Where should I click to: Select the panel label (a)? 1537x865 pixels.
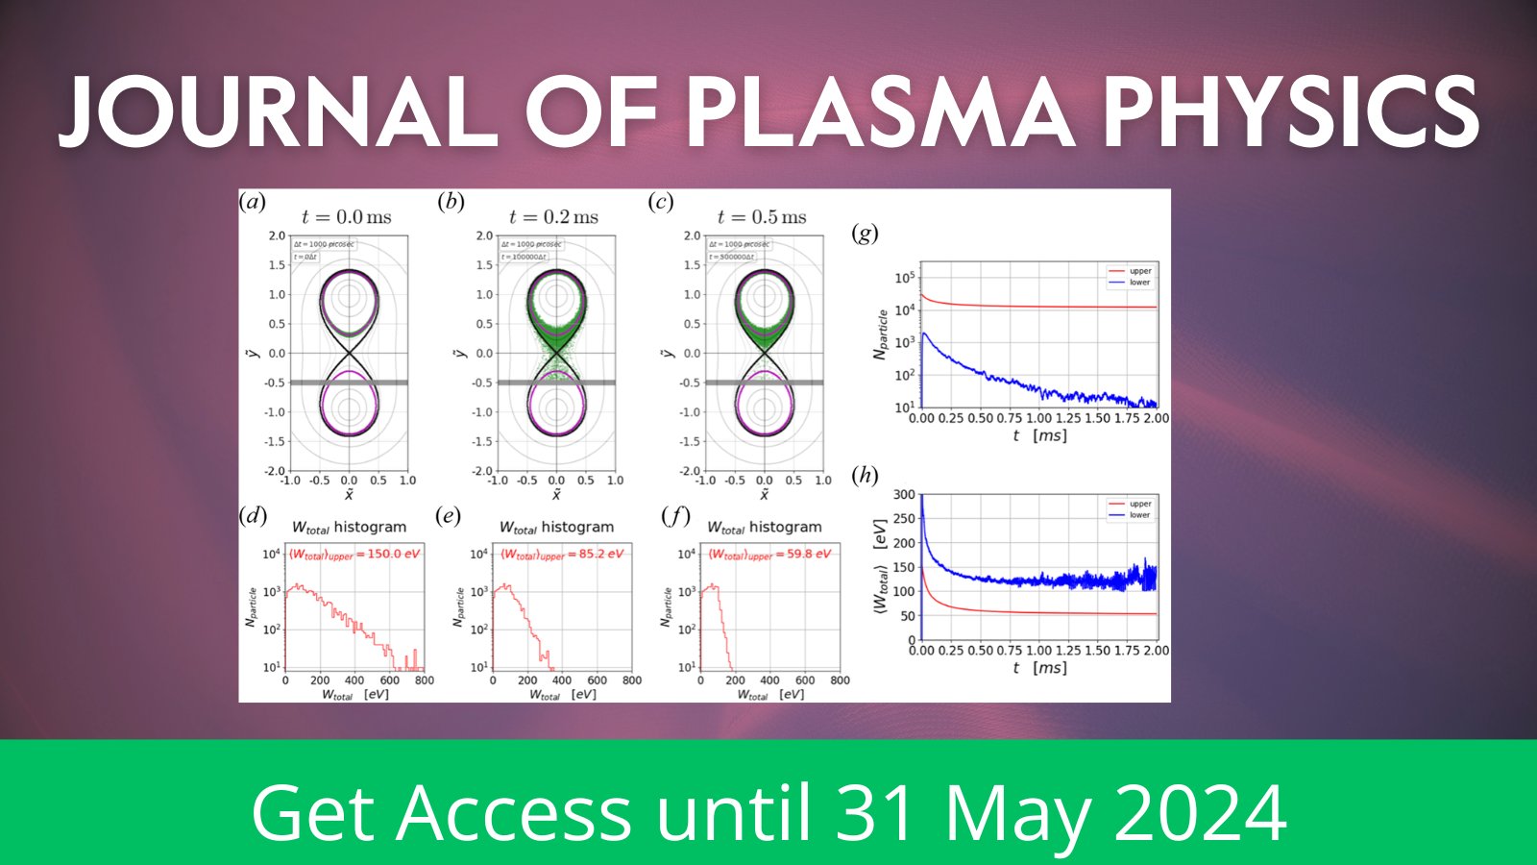pyautogui.click(x=253, y=202)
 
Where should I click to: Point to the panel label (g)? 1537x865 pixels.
pyautogui.click(x=866, y=234)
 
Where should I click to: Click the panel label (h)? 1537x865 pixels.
pyautogui.click(x=866, y=475)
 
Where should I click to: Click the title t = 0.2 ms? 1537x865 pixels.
pyautogui.click(x=553, y=217)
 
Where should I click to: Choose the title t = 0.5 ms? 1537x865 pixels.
pyautogui.click(x=762, y=217)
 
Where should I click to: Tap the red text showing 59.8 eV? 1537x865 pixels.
pyautogui.click(x=808, y=554)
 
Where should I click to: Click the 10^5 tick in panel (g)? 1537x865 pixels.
pyautogui.click(x=905, y=278)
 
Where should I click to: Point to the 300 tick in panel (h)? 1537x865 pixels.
pyautogui.click(x=904, y=494)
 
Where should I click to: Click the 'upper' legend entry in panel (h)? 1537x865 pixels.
pyautogui.click(x=1139, y=504)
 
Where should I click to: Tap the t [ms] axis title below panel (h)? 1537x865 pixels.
pyautogui.click(x=1039, y=667)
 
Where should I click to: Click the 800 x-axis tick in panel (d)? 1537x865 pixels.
pyautogui.click(x=425, y=680)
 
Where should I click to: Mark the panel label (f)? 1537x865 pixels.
pyautogui.click(x=675, y=516)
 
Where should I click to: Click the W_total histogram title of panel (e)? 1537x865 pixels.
pyautogui.click(x=556, y=527)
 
